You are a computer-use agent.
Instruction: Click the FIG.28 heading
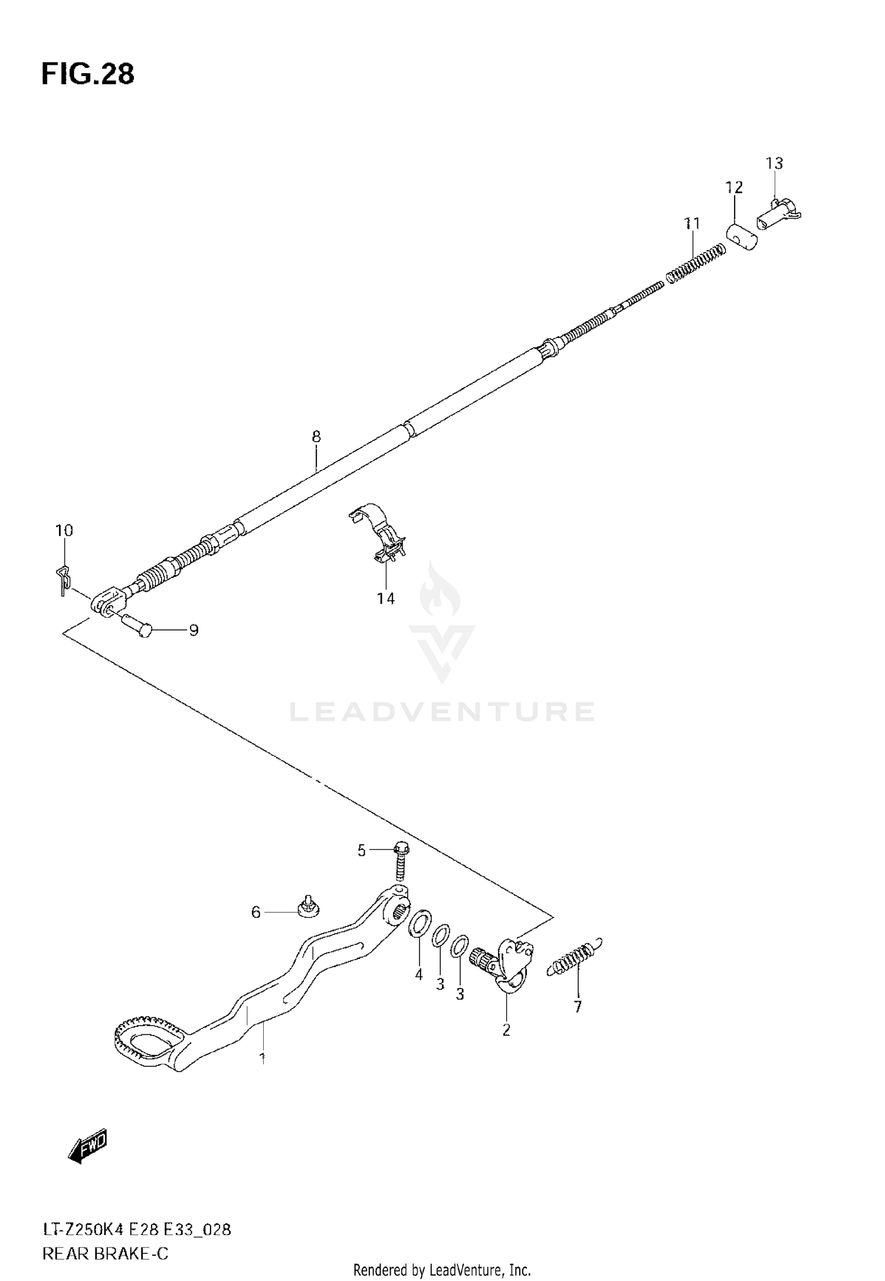click(88, 75)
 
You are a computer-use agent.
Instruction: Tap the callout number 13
click(774, 163)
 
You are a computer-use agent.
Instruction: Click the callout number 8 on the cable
click(316, 437)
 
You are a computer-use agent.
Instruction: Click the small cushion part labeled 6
click(307, 912)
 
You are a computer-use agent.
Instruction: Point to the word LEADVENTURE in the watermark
click(441, 712)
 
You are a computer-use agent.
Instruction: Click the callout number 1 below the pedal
click(262, 1059)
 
